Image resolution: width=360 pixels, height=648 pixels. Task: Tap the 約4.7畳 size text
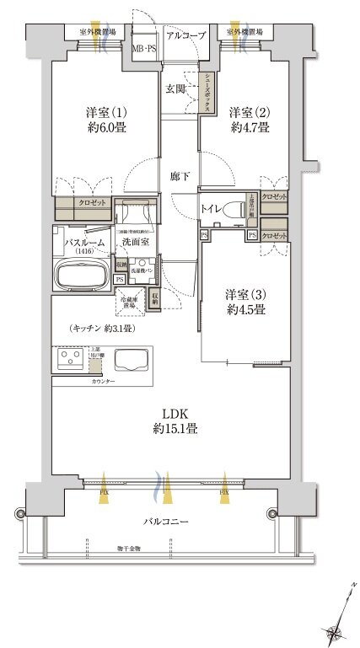click(x=250, y=128)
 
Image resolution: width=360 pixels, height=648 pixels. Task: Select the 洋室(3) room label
click(x=246, y=294)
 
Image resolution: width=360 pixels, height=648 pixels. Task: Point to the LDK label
click(x=175, y=413)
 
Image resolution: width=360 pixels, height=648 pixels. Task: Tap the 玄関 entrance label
click(x=175, y=88)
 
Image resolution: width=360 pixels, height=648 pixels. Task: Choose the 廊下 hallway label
click(x=180, y=176)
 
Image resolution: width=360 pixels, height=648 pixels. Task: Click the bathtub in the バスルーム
click(x=78, y=274)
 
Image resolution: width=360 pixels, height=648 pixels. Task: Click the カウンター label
click(x=105, y=381)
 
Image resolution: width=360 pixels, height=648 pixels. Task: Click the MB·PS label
click(x=143, y=49)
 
